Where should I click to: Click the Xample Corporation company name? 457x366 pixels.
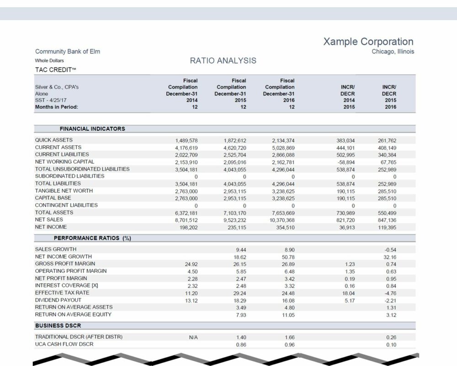click(x=368, y=42)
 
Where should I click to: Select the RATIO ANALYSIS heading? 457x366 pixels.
click(x=223, y=61)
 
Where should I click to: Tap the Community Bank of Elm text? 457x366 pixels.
click(x=68, y=52)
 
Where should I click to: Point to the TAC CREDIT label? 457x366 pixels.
click(x=55, y=70)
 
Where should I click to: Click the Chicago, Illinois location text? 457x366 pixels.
click(x=393, y=52)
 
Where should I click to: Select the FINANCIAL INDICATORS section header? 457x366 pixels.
click(x=92, y=129)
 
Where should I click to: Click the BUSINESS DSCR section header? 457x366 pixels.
click(x=58, y=325)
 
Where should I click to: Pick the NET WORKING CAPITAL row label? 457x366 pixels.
click(x=64, y=162)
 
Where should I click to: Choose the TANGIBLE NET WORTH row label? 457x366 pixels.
click(x=64, y=191)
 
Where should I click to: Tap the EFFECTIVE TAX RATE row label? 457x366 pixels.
click(x=62, y=293)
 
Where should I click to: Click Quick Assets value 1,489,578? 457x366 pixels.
click(x=186, y=141)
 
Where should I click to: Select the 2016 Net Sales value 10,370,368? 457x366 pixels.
click(x=282, y=220)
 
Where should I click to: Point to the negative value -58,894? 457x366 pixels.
click(x=345, y=162)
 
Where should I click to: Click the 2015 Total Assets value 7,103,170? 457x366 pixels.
click(x=234, y=213)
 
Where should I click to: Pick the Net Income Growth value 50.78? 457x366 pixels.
click(x=288, y=257)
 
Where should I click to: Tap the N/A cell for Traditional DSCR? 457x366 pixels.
click(x=193, y=338)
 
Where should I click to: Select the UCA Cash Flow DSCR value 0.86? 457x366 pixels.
click(x=241, y=345)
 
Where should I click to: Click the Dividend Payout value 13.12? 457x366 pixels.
click(x=191, y=301)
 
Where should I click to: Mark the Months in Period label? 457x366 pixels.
click(x=57, y=107)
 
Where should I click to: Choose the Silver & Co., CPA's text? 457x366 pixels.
click(x=57, y=87)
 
